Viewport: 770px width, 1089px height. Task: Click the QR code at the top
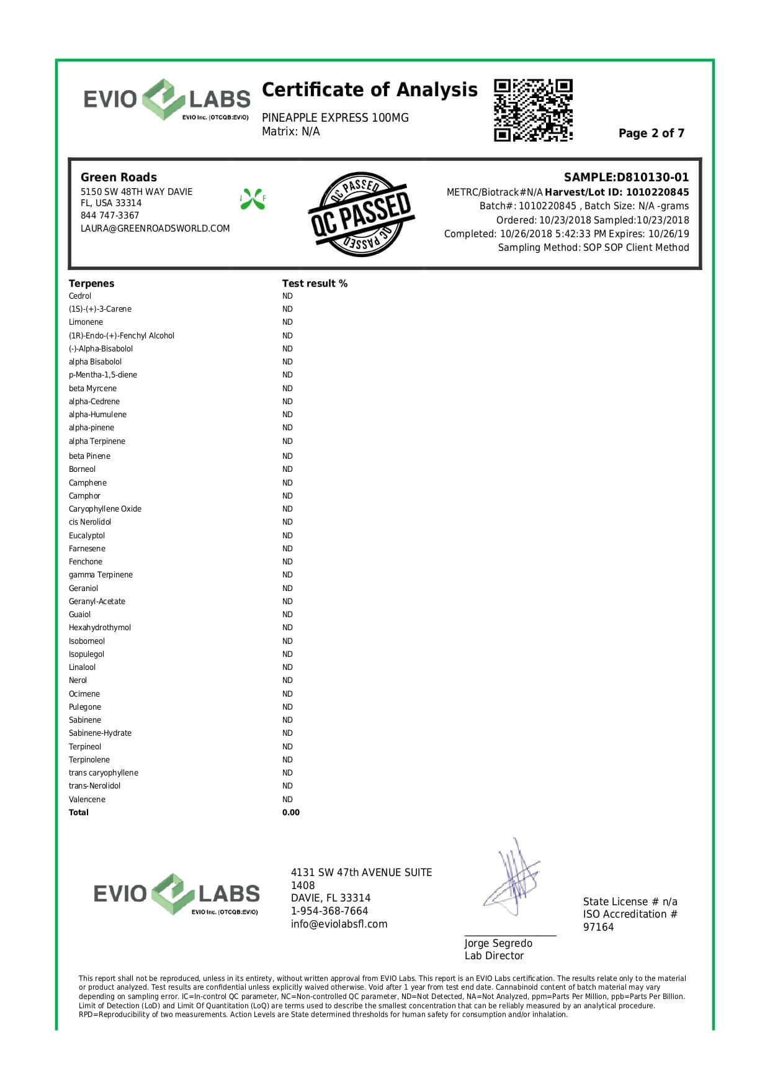(533, 110)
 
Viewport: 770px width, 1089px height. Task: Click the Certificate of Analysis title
(369, 90)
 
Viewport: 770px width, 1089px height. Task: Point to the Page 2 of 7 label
(651, 133)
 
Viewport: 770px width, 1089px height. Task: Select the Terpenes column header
(91, 283)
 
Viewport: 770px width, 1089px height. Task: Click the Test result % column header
(315, 283)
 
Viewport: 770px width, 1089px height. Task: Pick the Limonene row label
(86, 322)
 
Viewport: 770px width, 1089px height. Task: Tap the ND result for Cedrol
(287, 296)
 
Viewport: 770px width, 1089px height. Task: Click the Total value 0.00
(290, 812)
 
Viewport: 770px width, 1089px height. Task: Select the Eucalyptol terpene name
(87, 535)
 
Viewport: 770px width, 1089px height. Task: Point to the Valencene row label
(87, 799)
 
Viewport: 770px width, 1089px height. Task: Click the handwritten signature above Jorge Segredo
(512, 879)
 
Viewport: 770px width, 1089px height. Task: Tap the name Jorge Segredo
(498, 943)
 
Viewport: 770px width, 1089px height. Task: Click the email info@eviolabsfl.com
(339, 924)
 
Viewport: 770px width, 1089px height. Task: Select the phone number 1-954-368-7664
(329, 911)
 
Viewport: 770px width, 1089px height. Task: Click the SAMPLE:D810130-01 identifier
(626, 178)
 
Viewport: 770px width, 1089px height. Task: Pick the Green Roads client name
(119, 178)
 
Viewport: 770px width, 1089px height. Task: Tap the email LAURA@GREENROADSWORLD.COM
(155, 228)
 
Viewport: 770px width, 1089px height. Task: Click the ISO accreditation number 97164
(598, 927)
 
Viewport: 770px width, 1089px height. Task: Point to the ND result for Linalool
(287, 667)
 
